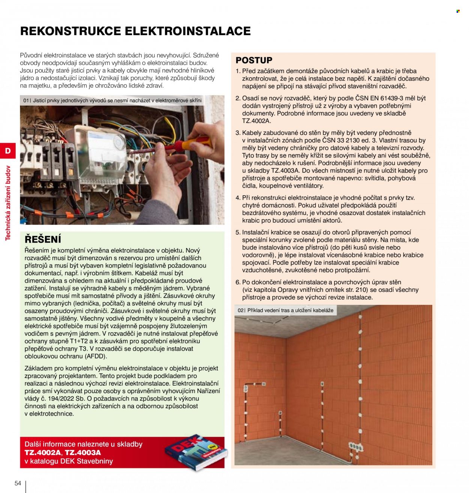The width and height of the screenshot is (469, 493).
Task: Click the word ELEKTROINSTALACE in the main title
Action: click(x=187, y=31)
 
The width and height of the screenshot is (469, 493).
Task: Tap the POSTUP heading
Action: click(x=254, y=60)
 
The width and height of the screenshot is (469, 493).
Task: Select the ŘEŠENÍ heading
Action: click(x=43, y=239)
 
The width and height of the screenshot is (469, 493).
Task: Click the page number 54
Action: click(x=18, y=483)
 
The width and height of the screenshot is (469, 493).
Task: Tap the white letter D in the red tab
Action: click(x=8, y=151)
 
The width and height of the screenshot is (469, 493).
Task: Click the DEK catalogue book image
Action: click(x=196, y=451)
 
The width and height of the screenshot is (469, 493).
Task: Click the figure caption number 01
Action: click(x=26, y=100)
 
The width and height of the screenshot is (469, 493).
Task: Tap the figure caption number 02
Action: click(x=241, y=310)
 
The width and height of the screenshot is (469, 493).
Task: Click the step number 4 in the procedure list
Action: click(x=238, y=197)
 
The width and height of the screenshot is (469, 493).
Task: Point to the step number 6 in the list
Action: click(x=238, y=282)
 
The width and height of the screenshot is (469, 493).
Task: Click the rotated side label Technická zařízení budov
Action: click(x=8, y=203)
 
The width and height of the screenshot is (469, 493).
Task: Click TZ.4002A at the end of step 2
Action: click(x=257, y=121)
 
